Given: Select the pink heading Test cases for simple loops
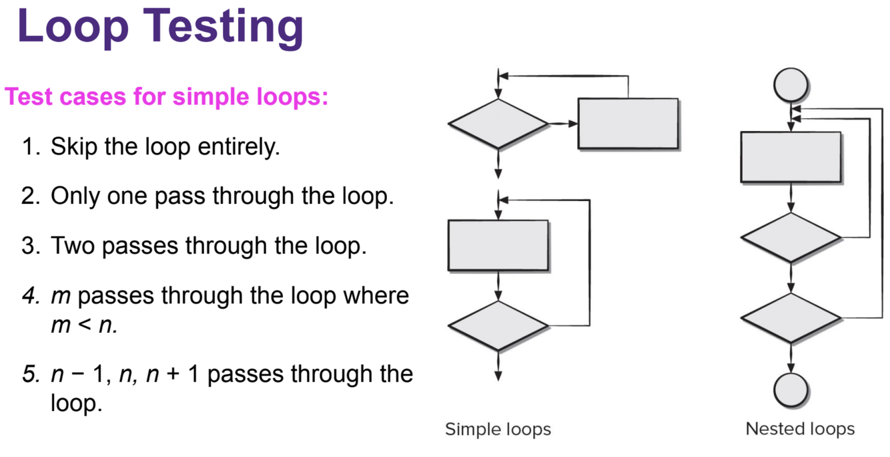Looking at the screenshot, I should pyautogui.click(x=167, y=98).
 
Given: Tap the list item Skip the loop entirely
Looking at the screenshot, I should pyautogui.click(x=165, y=146).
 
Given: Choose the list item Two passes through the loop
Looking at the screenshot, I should pyautogui.click(x=209, y=245).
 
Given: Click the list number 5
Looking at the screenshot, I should pyautogui.click(x=31, y=373).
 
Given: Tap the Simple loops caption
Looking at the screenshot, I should pyautogui.click(x=498, y=428).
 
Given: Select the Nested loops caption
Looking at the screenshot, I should pyautogui.click(x=800, y=428).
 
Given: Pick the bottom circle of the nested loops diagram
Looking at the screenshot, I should pyautogui.click(x=791, y=389).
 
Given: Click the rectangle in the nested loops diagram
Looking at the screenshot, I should pyautogui.click(x=791, y=157).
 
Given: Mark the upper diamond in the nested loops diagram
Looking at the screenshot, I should pyautogui.click(x=791, y=237).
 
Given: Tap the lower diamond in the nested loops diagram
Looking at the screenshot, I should pyautogui.click(x=791, y=317).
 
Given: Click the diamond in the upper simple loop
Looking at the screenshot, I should pyautogui.click(x=498, y=124).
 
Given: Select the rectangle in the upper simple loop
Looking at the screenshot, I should pyautogui.click(x=628, y=124).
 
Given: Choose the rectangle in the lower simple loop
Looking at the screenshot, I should pyautogui.click(x=498, y=245).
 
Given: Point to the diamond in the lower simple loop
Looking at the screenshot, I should pyautogui.click(x=498, y=325).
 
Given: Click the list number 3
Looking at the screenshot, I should pyautogui.click(x=31, y=245).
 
